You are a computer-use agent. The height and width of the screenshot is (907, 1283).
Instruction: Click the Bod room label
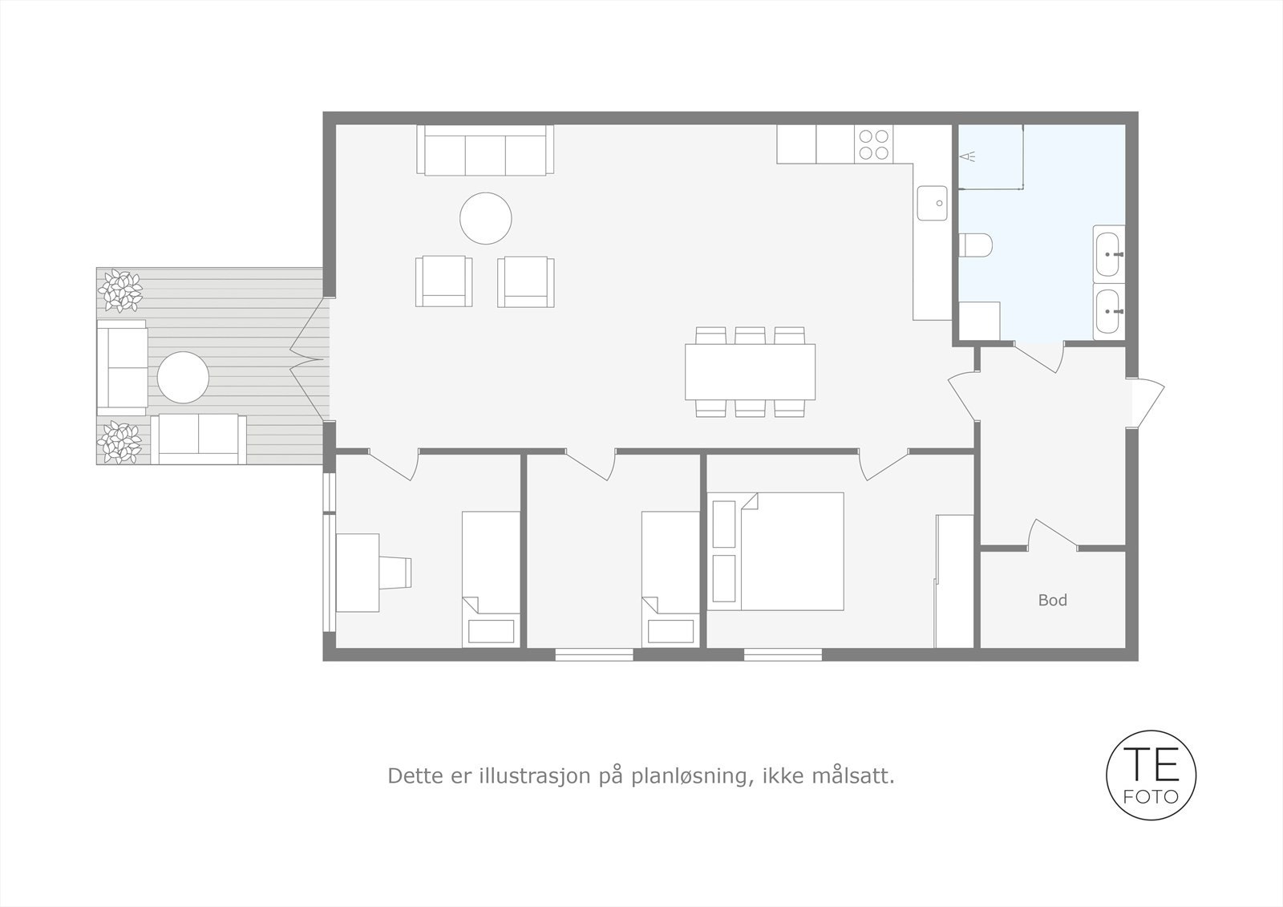tap(1053, 600)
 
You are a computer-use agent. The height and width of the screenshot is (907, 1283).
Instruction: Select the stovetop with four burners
tap(873, 144)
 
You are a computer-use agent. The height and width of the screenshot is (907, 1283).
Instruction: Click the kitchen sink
tap(932, 203)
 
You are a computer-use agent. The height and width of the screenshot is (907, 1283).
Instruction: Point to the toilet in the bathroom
tap(975, 245)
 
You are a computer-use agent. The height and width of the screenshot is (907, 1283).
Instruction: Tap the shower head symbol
tap(967, 156)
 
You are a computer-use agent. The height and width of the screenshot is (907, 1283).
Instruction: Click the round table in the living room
tap(486, 218)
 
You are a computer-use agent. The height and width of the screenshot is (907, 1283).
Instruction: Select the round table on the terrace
tap(183, 377)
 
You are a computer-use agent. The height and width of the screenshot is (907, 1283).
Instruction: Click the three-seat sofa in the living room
tap(485, 149)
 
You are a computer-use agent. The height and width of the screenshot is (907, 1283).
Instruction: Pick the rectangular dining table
tap(750, 372)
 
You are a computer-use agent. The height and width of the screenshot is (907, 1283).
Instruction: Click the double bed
tap(775, 551)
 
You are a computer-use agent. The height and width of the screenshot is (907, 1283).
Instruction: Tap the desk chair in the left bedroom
tap(395, 573)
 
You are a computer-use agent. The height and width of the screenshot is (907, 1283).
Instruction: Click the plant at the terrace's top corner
tap(119, 290)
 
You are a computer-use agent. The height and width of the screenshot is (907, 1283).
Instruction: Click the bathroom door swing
tap(1039, 358)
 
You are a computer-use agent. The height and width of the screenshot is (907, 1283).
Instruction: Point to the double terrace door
tap(310, 360)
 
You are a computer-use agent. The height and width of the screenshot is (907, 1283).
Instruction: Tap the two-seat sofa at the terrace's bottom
tap(198, 439)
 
